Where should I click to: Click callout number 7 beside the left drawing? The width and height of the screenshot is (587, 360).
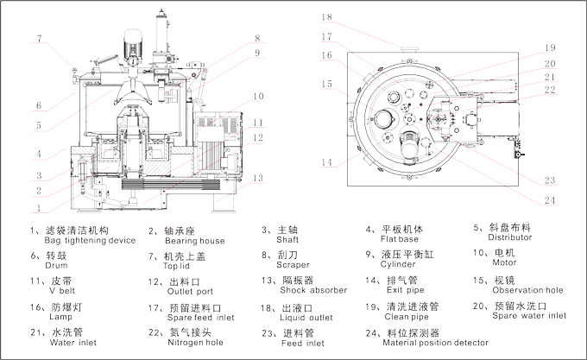coord(40,37)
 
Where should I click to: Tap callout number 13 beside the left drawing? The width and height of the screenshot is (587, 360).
coord(259,178)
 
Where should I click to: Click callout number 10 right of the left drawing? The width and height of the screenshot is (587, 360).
coord(258,96)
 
